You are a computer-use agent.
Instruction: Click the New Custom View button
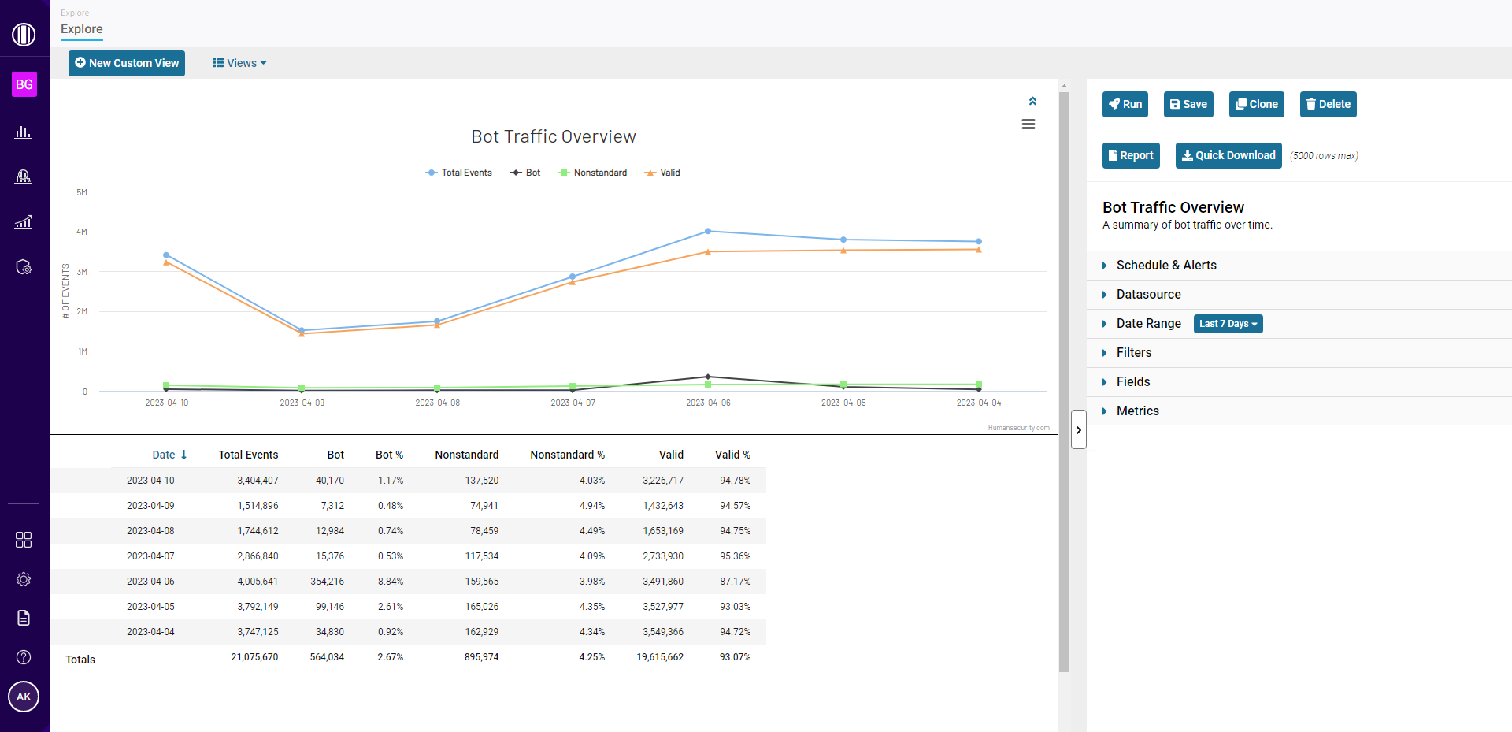(127, 63)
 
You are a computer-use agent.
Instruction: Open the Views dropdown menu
(239, 63)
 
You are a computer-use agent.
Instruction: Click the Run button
(1125, 104)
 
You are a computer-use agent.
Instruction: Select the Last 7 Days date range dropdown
(1228, 324)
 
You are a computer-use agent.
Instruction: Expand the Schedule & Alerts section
(1165, 266)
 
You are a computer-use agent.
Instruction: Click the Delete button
(1328, 104)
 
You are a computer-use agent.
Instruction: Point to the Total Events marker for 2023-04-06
(708, 231)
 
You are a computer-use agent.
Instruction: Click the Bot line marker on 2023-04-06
(708, 377)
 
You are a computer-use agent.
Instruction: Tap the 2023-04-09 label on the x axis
(302, 403)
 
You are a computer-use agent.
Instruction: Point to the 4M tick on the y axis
(82, 232)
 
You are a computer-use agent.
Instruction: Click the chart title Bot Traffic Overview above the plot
(553, 136)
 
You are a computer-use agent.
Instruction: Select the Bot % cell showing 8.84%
(390, 582)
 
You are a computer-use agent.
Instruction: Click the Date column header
(164, 455)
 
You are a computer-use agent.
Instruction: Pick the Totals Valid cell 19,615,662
(660, 657)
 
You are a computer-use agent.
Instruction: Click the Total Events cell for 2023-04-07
(258, 556)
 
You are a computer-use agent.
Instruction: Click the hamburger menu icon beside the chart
(1028, 124)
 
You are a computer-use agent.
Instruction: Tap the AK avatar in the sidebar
(24, 697)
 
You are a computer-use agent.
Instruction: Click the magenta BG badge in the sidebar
(24, 84)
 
